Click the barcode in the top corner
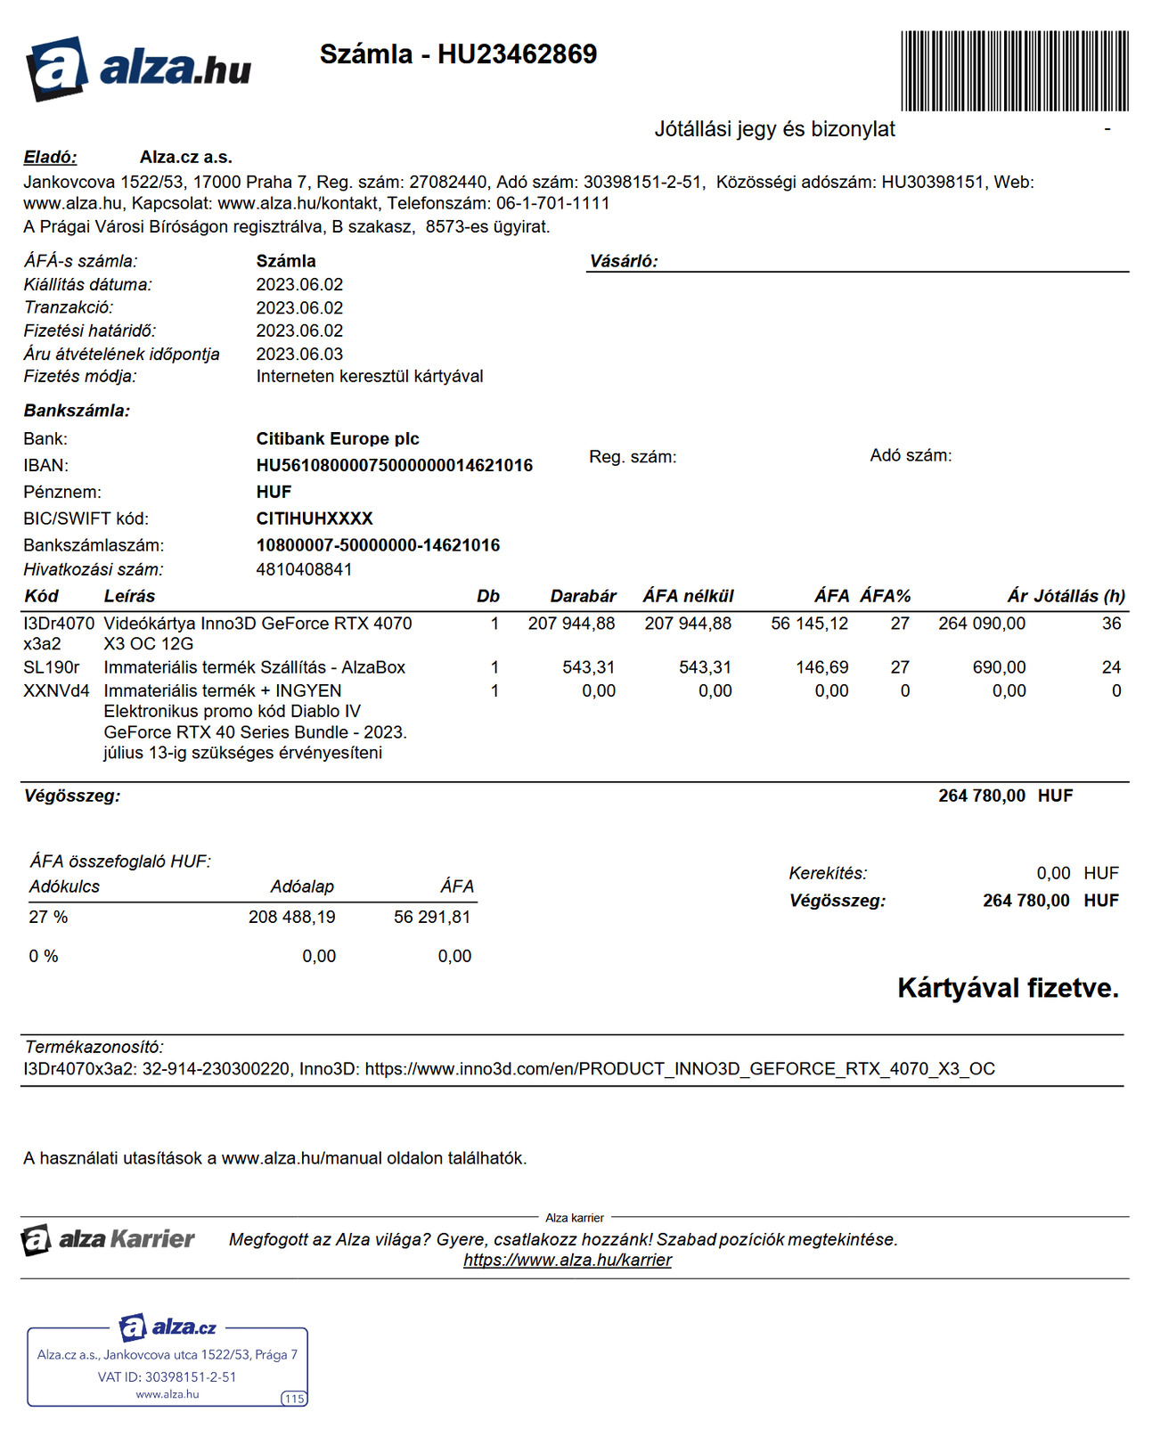pyautogui.click(x=1014, y=70)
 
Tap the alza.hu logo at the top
pyautogui.click(x=138, y=68)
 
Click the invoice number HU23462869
pyautogui.click(x=517, y=54)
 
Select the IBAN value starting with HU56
pyautogui.click(x=394, y=465)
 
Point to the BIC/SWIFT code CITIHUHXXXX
pyautogui.click(x=314, y=518)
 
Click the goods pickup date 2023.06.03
pyautogui.click(x=299, y=354)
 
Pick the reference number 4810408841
pyautogui.click(x=304, y=569)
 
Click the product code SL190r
pyautogui.click(x=52, y=667)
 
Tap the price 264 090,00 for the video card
pyautogui.click(x=981, y=624)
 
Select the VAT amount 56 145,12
pyautogui.click(x=809, y=624)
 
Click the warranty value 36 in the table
pyautogui.click(x=1111, y=624)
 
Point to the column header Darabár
pyautogui.click(x=583, y=596)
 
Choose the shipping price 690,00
pyautogui.click(x=999, y=667)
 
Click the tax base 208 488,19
pyautogui.click(x=291, y=917)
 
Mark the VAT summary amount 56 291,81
pyautogui.click(x=431, y=917)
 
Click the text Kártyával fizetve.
pyautogui.click(x=1008, y=988)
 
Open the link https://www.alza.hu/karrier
pyautogui.click(x=568, y=1260)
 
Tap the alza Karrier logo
pyautogui.click(x=108, y=1239)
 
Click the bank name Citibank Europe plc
pyautogui.click(x=337, y=438)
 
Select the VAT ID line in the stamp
pyautogui.click(x=167, y=1376)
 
